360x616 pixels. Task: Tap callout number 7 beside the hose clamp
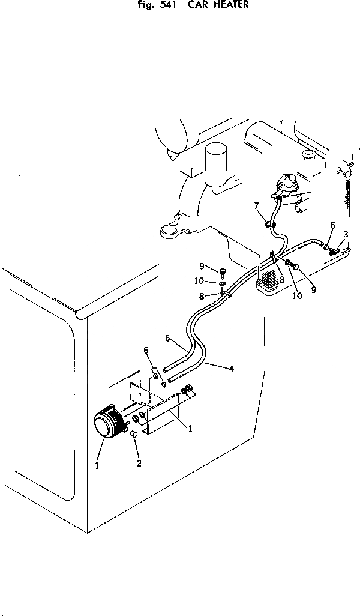coord(257,206)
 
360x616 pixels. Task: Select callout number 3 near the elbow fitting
coord(346,234)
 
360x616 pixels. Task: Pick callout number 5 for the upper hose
coord(169,339)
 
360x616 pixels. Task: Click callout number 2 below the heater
coord(139,464)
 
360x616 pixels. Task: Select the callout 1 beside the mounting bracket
coord(190,429)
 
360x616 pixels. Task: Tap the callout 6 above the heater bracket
coord(145,350)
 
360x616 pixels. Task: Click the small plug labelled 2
coord(134,449)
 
